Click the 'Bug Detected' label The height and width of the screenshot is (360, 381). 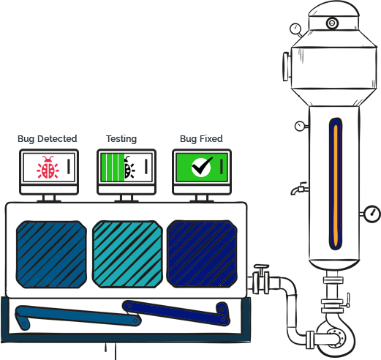[48, 139]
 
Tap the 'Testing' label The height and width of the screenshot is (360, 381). [121, 139]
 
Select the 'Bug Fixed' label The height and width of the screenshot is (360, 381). [201, 139]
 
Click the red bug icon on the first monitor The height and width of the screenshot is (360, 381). [48, 168]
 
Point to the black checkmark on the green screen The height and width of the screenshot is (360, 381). [202, 166]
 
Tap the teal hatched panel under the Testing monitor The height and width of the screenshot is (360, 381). [127, 254]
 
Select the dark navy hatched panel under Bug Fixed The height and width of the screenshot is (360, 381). [202, 254]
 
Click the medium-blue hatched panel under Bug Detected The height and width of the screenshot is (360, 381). [51, 255]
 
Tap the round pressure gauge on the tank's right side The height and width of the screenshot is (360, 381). [372, 214]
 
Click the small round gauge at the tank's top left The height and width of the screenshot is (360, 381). [295, 29]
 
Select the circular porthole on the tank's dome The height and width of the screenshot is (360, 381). [332, 23]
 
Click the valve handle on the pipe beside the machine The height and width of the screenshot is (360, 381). [261, 266]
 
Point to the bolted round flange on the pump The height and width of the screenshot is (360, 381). [335, 338]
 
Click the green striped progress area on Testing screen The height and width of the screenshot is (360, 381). [113, 168]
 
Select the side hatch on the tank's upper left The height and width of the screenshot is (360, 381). [286, 67]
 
